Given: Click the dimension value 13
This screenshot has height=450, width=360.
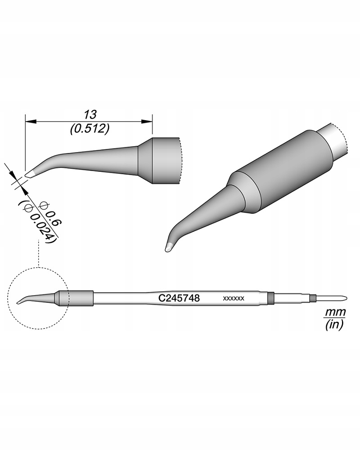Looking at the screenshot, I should click(x=90, y=113).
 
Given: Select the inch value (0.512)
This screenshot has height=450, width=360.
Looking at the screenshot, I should click(x=90, y=129).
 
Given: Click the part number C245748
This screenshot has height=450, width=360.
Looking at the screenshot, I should click(x=179, y=298).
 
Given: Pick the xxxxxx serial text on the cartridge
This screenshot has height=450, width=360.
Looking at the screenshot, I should click(x=234, y=298).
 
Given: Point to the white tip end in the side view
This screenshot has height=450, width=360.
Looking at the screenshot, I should click(x=29, y=174).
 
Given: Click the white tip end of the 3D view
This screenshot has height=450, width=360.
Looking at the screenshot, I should click(x=169, y=247).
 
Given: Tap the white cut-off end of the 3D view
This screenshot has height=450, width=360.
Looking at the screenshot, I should click(x=335, y=139).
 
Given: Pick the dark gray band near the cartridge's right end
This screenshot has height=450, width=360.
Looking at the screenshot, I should click(x=270, y=297).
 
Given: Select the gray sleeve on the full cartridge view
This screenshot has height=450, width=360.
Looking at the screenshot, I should click(x=76, y=298).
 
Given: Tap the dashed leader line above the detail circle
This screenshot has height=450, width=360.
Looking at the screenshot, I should click(x=40, y=254).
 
